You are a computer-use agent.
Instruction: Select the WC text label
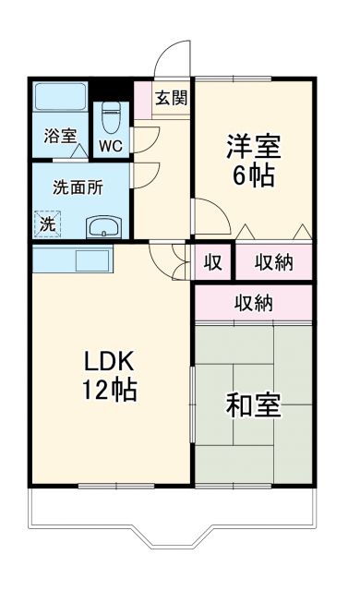[x=111, y=145]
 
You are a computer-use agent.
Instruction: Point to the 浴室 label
[x=61, y=137]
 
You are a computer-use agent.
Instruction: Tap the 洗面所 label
[x=77, y=186]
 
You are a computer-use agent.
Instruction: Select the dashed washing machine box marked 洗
[x=47, y=223]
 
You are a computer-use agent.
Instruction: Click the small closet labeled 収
[x=212, y=263]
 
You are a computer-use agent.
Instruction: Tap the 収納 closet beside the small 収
[x=274, y=263]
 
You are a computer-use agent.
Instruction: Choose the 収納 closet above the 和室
[x=253, y=302]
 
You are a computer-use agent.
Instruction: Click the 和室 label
[x=254, y=406]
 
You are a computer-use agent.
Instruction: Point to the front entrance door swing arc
[x=172, y=60]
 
